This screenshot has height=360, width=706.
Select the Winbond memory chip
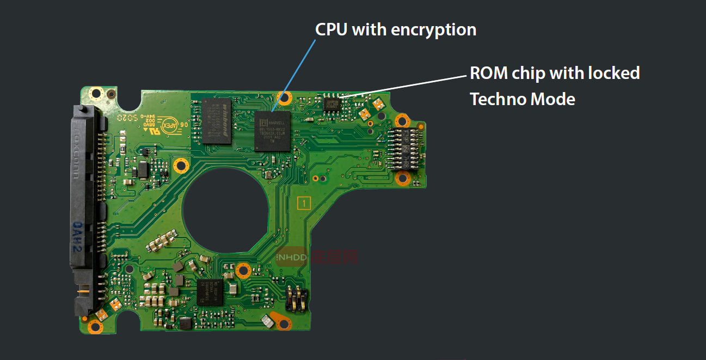point(217,121)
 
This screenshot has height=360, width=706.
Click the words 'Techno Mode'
point(522,99)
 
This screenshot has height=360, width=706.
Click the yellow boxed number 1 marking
point(304,204)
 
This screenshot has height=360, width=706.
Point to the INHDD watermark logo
point(292,256)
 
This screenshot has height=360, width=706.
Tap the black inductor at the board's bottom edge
point(185,324)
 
